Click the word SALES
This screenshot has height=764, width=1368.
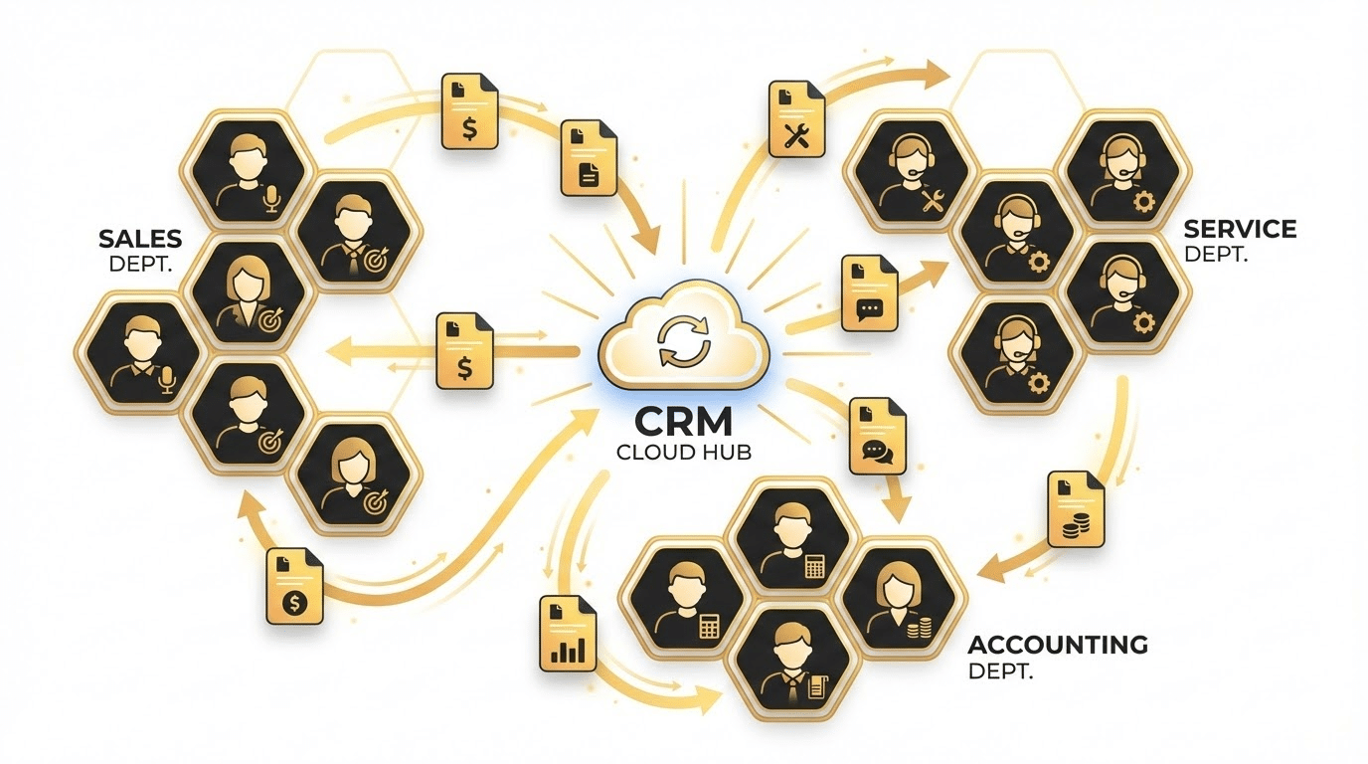(140, 239)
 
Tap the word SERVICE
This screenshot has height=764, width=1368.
(1240, 229)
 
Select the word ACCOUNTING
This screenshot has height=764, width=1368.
(1058, 645)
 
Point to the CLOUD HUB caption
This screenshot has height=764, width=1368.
(683, 453)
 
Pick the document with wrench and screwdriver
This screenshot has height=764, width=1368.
(796, 118)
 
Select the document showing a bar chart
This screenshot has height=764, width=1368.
(568, 634)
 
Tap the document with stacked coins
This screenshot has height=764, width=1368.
(1076, 508)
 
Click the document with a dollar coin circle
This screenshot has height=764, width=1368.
(295, 586)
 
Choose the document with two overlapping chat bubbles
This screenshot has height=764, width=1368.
(878, 436)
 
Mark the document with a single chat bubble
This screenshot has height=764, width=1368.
(870, 293)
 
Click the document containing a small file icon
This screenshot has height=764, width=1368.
(589, 158)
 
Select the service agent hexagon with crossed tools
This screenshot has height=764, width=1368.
(909, 172)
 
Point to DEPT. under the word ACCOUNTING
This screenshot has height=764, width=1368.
(1000, 671)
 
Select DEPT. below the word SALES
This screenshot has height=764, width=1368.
(140, 264)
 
